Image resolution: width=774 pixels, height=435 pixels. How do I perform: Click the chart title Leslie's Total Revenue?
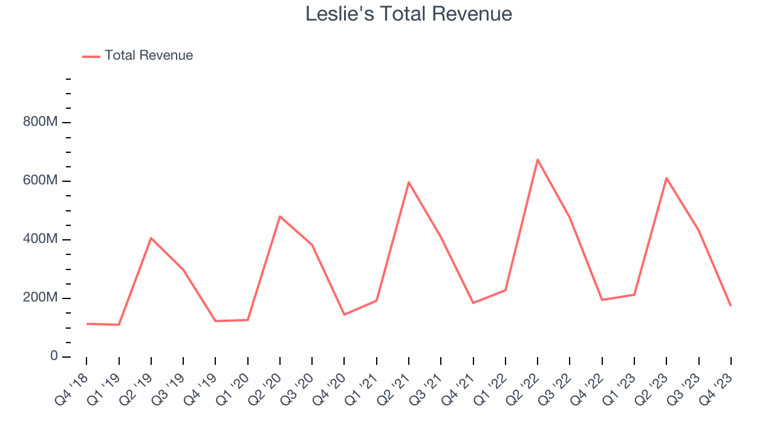pos(409,14)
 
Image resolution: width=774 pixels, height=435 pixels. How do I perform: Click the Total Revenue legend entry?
pos(148,56)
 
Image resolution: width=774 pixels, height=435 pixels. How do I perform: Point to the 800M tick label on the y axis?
pos(40,122)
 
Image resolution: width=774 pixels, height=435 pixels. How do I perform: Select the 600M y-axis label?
pos(40,181)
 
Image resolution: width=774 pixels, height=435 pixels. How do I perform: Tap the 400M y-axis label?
pos(40,239)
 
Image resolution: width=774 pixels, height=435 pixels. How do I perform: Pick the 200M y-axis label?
pos(40,298)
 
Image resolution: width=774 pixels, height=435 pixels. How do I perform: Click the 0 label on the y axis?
pos(54,356)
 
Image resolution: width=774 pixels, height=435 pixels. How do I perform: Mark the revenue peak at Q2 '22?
pos(538,159)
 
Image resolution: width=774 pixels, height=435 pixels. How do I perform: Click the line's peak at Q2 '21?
pos(409,182)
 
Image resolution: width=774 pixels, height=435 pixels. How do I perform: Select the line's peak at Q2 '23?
pos(666,178)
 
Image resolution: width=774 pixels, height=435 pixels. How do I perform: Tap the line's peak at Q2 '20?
pos(280,216)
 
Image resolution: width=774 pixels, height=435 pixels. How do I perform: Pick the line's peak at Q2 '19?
pos(151,238)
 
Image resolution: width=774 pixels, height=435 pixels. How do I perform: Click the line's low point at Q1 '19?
pos(119,324)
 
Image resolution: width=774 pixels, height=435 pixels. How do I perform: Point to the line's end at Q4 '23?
pos(730,305)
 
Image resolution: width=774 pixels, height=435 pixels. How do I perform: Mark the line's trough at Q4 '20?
pos(344,314)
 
